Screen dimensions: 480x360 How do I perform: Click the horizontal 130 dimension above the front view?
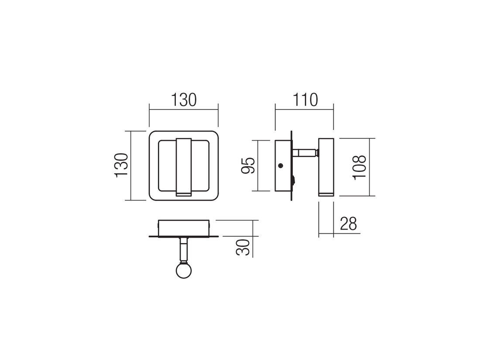click(x=183, y=100)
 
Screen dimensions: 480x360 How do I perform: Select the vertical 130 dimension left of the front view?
click(x=121, y=165)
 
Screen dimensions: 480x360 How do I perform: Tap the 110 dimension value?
click(x=305, y=100)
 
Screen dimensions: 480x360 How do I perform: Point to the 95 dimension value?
click(x=248, y=165)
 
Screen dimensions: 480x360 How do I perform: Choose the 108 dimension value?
click(x=359, y=168)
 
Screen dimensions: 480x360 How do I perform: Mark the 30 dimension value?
click(x=243, y=247)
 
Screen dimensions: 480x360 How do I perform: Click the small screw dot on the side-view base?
click(x=281, y=166)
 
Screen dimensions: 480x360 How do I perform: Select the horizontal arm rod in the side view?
click(x=304, y=152)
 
